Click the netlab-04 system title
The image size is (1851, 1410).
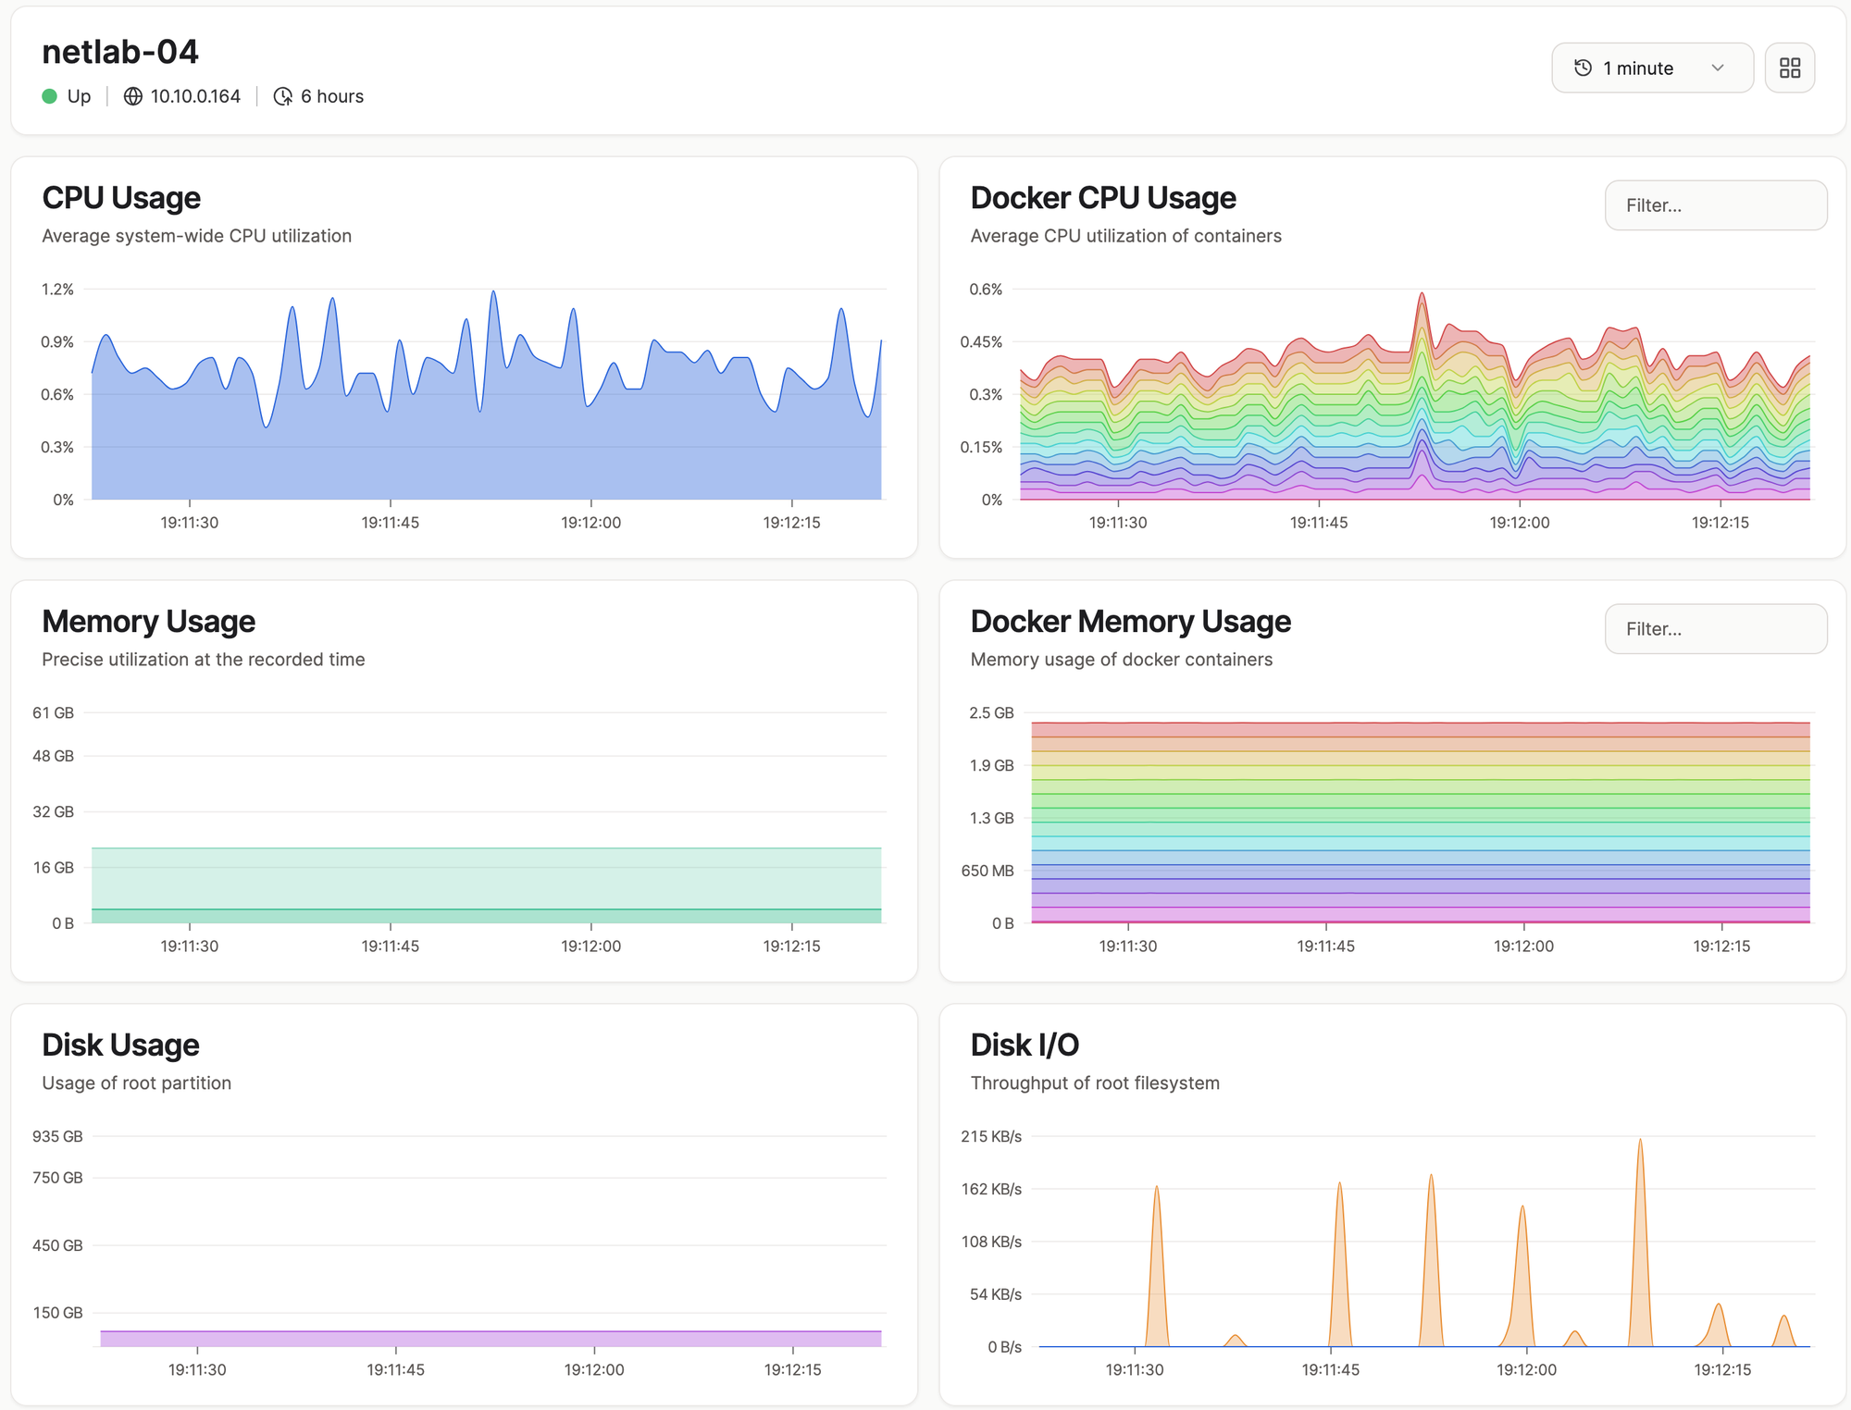[x=120, y=52]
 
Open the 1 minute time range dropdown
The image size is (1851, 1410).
[x=1652, y=68]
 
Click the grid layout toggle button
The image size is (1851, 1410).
[x=1790, y=68]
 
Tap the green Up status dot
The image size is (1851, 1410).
[x=50, y=96]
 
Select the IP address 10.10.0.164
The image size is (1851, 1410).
[x=195, y=96]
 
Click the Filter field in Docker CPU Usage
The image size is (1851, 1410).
[x=1716, y=205]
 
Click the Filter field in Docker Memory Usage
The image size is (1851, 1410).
[x=1716, y=629]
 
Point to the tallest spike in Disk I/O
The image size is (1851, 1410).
[x=1640, y=1140]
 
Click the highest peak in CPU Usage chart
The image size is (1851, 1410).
[x=493, y=292]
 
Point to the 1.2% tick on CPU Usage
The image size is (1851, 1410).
[x=57, y=290]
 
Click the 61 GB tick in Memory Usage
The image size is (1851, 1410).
[x=53, y=713]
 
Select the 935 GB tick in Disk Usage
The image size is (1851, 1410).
[x=57, y=1136]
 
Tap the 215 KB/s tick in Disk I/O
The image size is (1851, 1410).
[x=991, y=1136]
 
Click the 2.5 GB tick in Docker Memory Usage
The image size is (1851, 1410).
[x=991, y=713]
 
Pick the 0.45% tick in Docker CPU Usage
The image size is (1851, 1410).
[x=981, y=342]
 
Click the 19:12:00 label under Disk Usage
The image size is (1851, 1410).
[x=594, y=1370]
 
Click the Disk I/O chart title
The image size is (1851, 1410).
[x=1025, y=1045]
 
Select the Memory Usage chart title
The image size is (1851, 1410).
[x=148, y=622]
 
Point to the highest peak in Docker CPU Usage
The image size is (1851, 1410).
[x=1422, y=294]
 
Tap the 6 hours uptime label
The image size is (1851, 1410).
[x=332, y=96]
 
